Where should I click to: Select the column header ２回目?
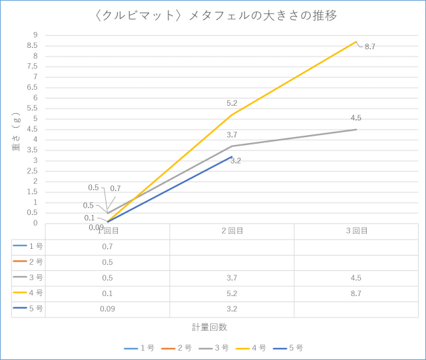(x=232, y=231)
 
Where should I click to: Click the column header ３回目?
(x=356, y=231)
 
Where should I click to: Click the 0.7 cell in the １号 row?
(x=107, y=246)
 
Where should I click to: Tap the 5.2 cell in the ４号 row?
(x=232, y=293)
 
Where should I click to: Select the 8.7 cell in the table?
(x=356, y=293)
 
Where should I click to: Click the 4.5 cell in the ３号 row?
(x=356, y=277)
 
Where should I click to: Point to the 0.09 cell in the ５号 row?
(x=107, y=309)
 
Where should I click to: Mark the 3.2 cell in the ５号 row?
(x=232, y=309)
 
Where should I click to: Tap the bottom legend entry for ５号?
(x=294, y=348)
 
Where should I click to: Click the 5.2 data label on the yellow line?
(x=232, y=103)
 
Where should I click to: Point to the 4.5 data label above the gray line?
(x=356, y=118)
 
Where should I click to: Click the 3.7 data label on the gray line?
(x=232, y=135)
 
